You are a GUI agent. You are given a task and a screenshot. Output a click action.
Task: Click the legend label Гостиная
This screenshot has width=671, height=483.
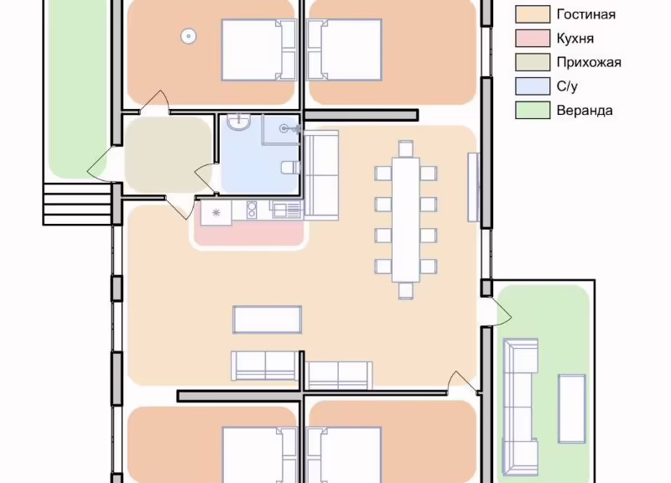[585, 14]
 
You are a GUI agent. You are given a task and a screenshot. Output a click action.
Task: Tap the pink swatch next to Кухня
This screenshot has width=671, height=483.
[533, 38]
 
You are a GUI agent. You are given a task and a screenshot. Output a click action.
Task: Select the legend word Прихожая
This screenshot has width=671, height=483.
[589, 62]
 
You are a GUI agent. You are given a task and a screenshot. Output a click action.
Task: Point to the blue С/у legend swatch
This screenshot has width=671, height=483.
[533, 86]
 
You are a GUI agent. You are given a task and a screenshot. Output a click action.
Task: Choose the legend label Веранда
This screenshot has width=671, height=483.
[585, 111]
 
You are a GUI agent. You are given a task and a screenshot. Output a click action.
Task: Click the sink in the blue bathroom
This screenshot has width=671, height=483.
[239, 122]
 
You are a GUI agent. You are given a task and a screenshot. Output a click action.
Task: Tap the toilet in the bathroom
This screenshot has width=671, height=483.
[291, 167]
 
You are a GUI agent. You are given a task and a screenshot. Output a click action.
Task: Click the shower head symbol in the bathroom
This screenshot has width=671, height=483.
[284, 128]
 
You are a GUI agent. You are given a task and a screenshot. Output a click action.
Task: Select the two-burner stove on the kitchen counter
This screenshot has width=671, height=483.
[252, 210]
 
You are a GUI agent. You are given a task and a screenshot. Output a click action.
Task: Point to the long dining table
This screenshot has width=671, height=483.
[406, 220]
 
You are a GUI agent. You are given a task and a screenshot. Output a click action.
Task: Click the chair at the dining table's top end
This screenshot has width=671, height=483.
[406, 148]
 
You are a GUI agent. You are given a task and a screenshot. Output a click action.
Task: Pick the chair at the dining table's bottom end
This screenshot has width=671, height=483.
[406, 290]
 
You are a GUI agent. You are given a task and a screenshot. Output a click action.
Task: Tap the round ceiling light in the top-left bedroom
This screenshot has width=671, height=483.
[188, 36]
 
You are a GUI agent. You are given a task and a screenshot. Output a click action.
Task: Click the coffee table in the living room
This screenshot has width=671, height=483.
[268, 319]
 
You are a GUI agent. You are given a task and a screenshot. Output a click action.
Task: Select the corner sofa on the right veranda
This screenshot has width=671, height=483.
[520, 407]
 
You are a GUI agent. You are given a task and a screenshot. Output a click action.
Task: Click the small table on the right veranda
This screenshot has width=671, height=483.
[572, 408]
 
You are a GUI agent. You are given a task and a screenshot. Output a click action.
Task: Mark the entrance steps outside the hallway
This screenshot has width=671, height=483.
[77, 204]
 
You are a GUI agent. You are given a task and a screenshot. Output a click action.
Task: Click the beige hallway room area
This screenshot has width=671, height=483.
[169, 154]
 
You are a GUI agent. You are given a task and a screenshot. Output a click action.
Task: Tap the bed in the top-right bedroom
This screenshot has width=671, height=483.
[345, 49]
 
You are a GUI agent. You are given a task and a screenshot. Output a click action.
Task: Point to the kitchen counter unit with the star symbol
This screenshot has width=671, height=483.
[216, 213]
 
